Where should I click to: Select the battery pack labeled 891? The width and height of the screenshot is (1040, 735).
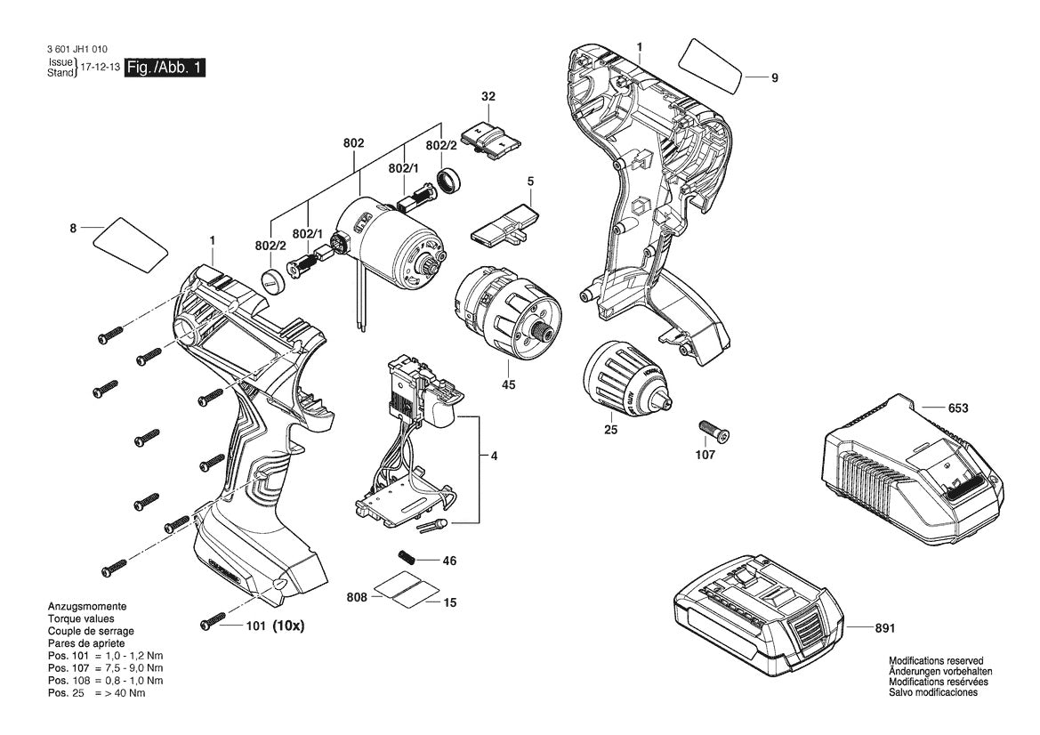(x=756, y=614)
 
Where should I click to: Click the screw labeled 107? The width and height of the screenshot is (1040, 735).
(x=714, y=431)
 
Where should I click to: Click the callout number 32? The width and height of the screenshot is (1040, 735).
(x=488, y=96)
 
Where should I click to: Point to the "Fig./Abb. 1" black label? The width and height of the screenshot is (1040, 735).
(x=165, y=69)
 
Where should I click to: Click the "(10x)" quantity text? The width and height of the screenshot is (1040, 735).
(x=288, y=626)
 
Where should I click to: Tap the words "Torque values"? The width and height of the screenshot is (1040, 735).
(x=81, y=618)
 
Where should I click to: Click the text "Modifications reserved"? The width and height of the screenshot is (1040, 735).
(x=936, y=660)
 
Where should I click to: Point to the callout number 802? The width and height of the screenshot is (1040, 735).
(x=354, y=143)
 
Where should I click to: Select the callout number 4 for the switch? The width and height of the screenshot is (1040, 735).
(x=494, y=456)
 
